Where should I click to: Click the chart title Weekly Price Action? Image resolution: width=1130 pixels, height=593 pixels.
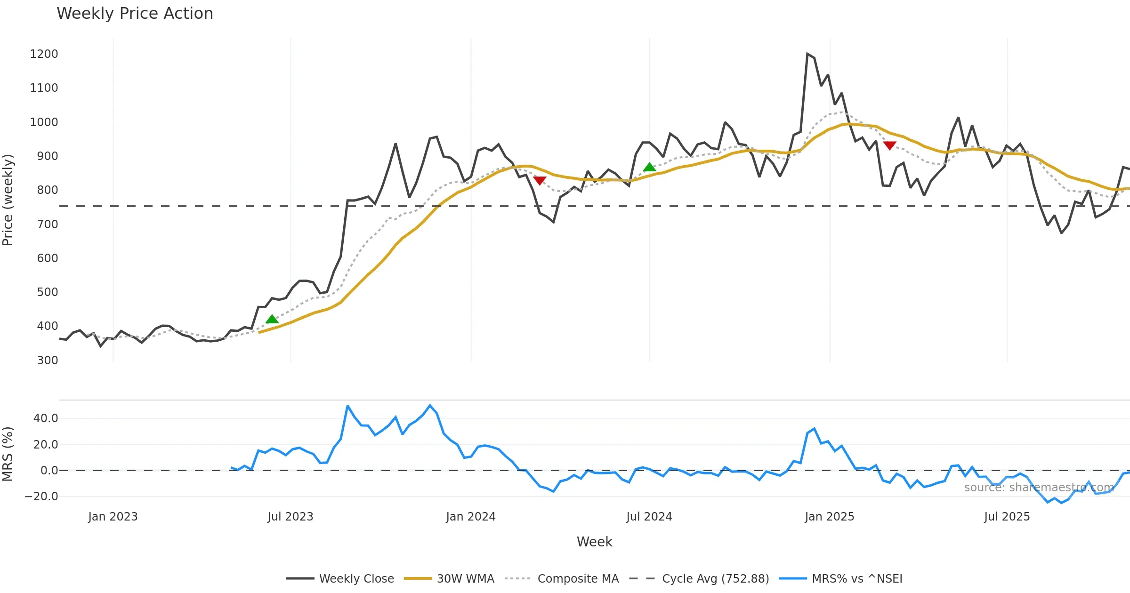click(x=135, y=14)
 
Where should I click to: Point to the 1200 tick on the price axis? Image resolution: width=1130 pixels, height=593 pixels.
click(x=44, y=54)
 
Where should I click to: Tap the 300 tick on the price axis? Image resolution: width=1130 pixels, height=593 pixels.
click(x=47, y=361)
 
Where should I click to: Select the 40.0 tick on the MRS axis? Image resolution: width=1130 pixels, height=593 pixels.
click(x=46, y=418)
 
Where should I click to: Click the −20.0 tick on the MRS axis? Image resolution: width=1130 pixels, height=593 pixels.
click(x=41, y=497)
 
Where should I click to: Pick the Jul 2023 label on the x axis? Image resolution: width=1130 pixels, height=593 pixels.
click(x=290, y=517)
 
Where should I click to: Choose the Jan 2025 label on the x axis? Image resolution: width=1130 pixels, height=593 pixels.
click(x=829, y=517)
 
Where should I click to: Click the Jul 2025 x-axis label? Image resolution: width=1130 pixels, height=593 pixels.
click(x=1007, y=517)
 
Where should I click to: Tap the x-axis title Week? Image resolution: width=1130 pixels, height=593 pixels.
click(x=594, y=542)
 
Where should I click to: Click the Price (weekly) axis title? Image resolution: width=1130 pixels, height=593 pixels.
click(x=8, y=200)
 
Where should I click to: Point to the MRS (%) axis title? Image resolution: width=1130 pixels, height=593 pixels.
click(x=8, y=454)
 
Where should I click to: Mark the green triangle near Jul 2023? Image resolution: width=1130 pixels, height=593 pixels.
click(x=272, y=320)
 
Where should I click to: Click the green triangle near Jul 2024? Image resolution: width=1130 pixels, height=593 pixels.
click(x=649, y=167)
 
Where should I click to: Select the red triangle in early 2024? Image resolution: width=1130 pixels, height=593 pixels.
click(x=540, y=180)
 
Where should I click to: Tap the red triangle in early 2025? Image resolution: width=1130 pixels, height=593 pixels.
click(x=889, y=145)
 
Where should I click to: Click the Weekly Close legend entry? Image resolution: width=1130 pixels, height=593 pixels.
click(x=340, y=579)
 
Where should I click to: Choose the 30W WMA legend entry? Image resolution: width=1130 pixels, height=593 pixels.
click(x=449, y=579)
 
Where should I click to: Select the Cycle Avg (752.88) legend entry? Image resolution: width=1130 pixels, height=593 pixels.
click(x=699, y=579)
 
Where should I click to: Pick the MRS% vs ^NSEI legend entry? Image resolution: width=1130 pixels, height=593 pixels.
click(x=840, y=579)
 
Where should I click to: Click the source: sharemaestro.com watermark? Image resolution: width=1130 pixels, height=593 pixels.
click(x=1039, y=488)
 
